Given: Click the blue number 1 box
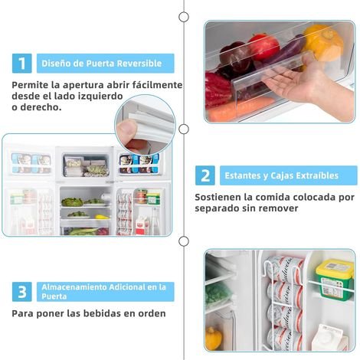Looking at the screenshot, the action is point(22,64).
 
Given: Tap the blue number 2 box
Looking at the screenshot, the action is point(205,175).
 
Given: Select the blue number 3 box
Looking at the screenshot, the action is point(22,292).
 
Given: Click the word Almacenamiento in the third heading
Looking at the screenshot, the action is point(74,287).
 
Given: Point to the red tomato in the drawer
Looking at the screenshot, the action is point(263,46).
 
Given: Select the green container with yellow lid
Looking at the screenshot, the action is point(335,279).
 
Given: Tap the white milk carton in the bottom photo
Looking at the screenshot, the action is point(329,338).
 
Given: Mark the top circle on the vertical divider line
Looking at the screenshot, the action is point(184,17).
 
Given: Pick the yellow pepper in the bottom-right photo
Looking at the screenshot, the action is point(214,339).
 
